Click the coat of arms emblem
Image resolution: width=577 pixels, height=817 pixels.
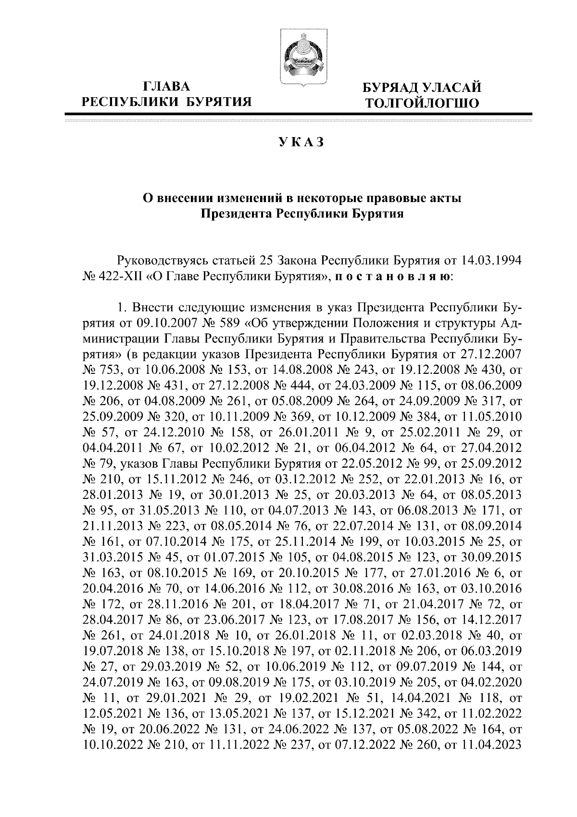pyautogui.click(x=302, y=57)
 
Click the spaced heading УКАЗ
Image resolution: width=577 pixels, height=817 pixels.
pyautogui.click(x=301, y=142)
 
